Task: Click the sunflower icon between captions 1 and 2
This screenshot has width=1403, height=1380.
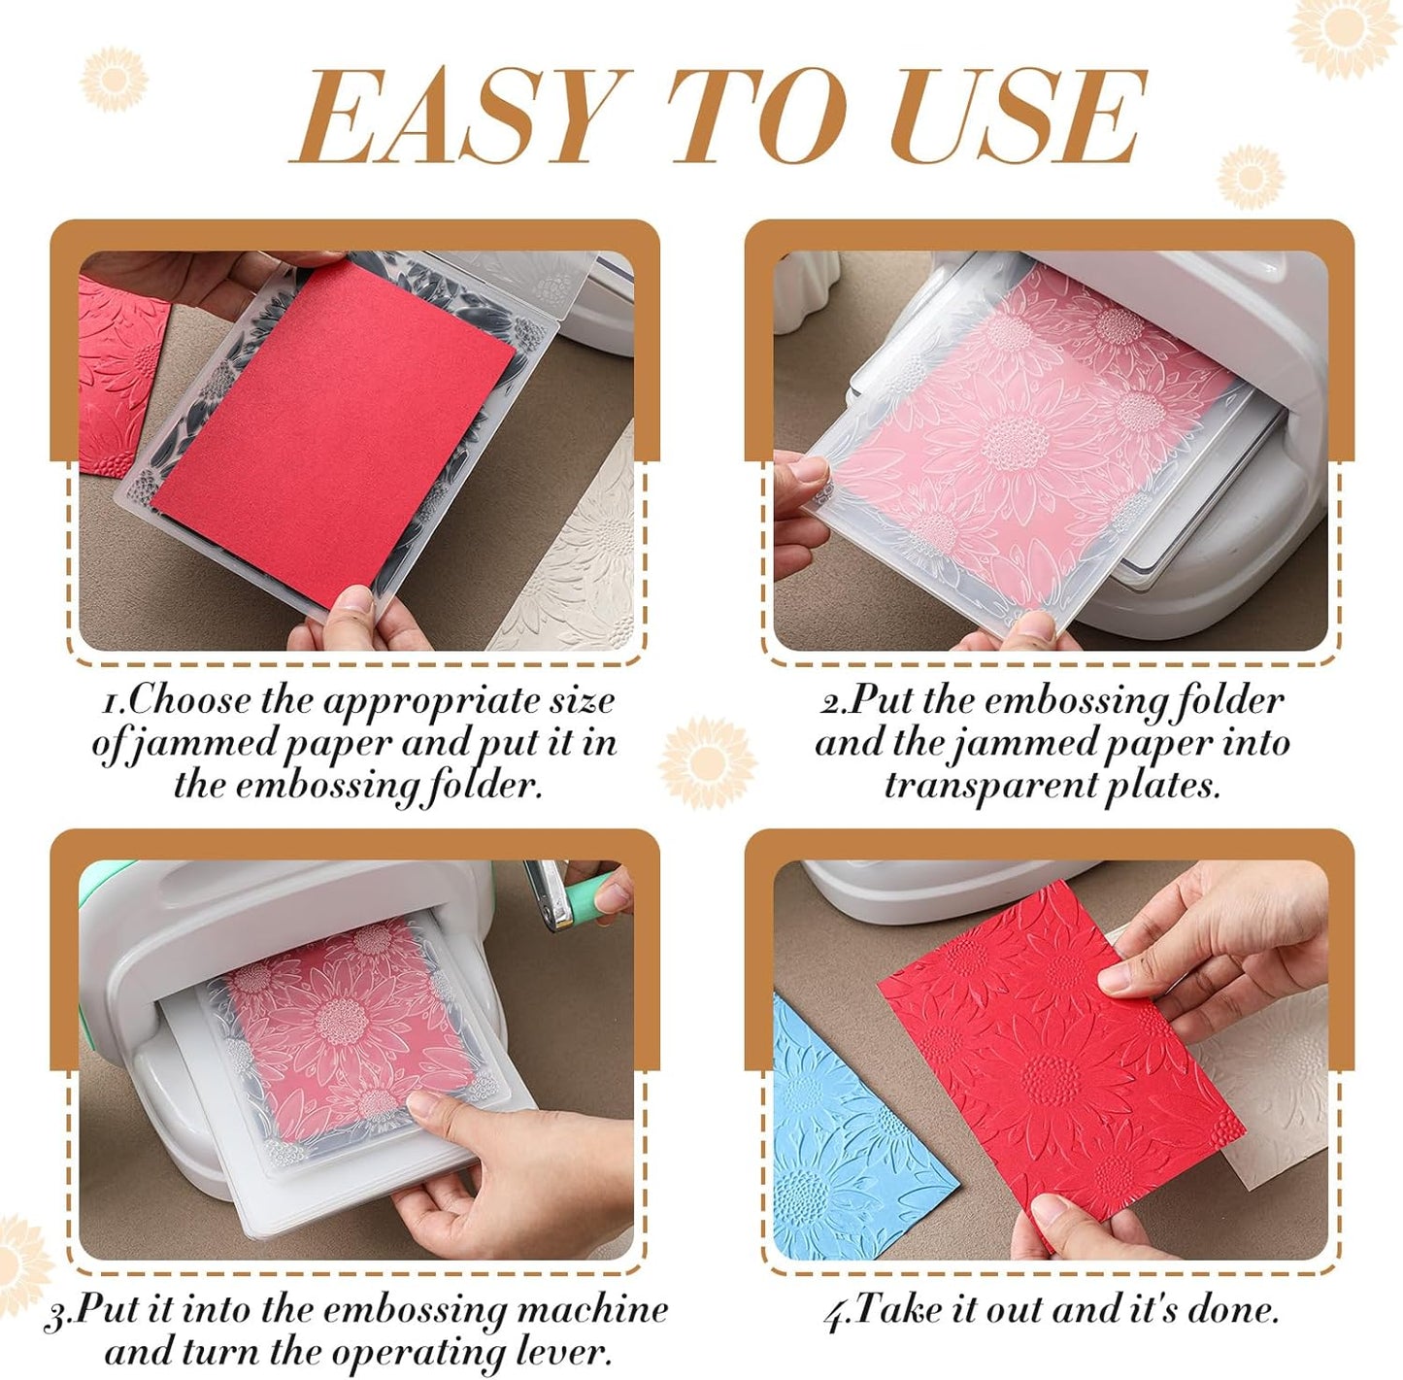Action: (x=708, y=762)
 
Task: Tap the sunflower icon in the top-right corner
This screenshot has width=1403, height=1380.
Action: (x=1344, y=34)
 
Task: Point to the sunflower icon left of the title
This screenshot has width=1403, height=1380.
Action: (x=114, y=78)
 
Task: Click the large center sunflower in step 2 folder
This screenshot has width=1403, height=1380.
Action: (x=1010, y=442)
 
